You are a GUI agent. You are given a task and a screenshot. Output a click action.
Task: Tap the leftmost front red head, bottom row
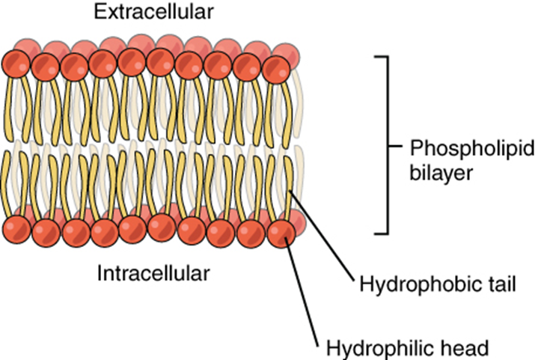(x=16, y=230)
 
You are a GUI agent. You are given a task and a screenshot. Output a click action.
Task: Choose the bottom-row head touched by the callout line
(x=281, y=231)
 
